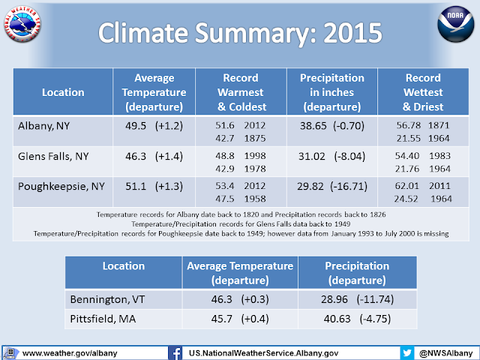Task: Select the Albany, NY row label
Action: [46, 125]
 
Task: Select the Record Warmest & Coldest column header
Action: [240, 92]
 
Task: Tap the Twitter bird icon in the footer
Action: [407, 352]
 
